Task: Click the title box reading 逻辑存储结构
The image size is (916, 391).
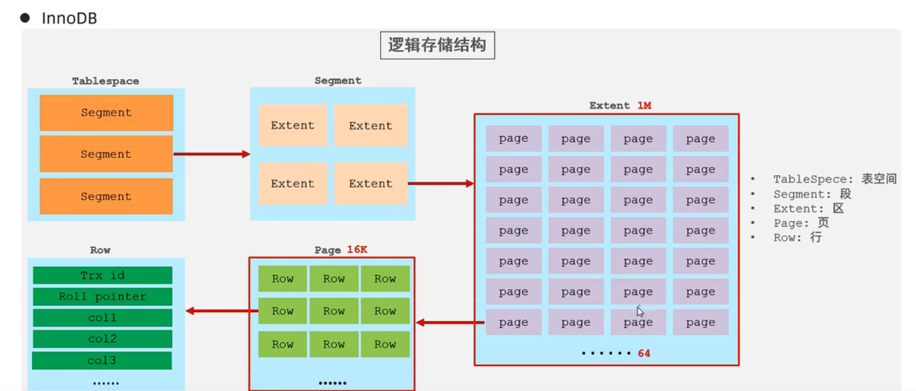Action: click(x=437, y=45)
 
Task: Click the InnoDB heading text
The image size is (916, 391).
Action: click(x=69, y=19)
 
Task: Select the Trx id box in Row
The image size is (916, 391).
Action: click(x=102, y=275)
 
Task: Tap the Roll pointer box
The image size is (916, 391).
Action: click(x=102, y=296)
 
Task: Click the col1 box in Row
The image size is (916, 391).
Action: click(x=102, y=318)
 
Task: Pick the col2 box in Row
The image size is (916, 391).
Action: click(x=102, y=339)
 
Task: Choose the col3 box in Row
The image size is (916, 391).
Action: click(x=102, y=360)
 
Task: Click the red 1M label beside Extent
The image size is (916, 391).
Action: click(x=644, y=105)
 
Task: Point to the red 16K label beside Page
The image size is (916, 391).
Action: click(x=357, y=250)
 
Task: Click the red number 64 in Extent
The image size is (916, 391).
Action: click(x=644, y=353)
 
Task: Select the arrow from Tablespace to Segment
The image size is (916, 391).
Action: click(x=211, y=154)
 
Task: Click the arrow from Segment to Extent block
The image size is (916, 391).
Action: click(x=441, y=184)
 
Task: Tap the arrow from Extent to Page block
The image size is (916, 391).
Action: click(x=450, y=323)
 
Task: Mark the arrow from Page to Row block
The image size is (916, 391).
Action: click(x=221, y=311)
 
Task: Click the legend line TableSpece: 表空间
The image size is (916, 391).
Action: click(x=834, y=180)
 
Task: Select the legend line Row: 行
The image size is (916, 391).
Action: click(x=797, y=238)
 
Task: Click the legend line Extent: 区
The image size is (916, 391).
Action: click(x=808, y=209)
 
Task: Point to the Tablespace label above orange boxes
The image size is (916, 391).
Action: click(x=106, y=81)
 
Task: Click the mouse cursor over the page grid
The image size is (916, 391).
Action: click(x=640, y=312)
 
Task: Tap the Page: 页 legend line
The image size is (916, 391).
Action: click(x=801, y=223)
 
